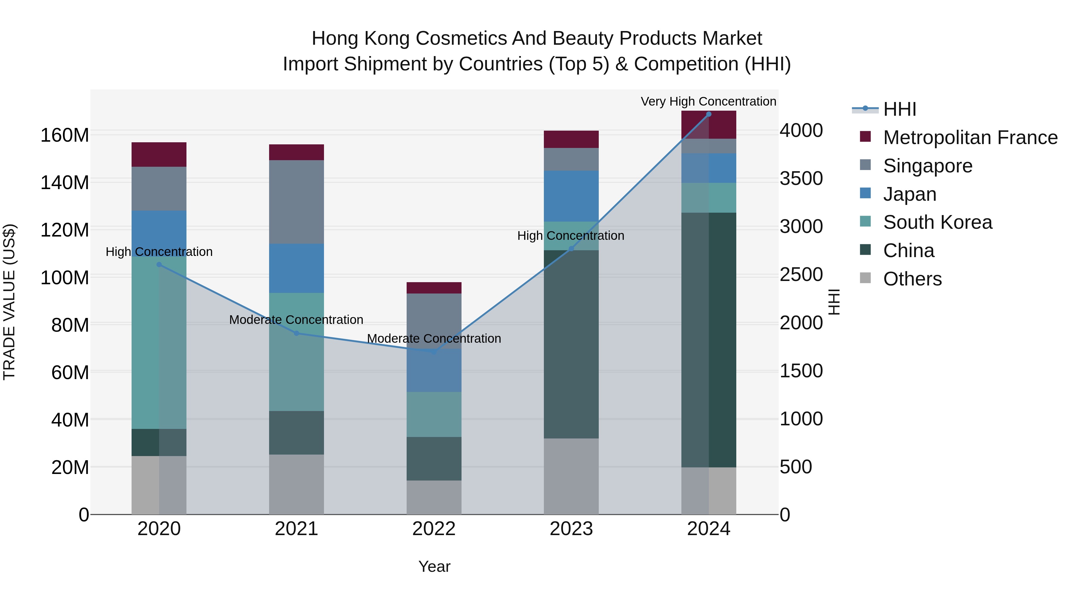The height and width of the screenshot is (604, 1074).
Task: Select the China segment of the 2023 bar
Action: pyautogui.click(x=571, y=344)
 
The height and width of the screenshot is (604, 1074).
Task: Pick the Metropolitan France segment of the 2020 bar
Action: pyautogui.click(x=159, y=154)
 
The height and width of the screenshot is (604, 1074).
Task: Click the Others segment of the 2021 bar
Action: pyautogui.click(x=297, y=484)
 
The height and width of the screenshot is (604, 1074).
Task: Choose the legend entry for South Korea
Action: pyautogui.click(x=937, y=222)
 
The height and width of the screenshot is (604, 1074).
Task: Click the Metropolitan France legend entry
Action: pyautogui.click(x=970, y=138)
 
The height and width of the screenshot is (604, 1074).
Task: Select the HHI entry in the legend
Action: pyautogui.click(x=899, y=109)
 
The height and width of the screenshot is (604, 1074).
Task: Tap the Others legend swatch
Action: pyautogui.click(x=865, y=278)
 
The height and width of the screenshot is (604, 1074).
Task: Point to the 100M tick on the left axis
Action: pyautogui.click(x=65, y=277)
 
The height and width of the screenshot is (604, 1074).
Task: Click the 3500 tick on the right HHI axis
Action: pyautogui.click(x=801, y=178)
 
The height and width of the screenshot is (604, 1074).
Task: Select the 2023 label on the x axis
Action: pyautogui.click(x=571, y=529)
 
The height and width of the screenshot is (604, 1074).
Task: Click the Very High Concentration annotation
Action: pyautogui.click(x=708, y=101)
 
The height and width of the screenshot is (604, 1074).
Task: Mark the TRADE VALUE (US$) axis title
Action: pyautogui.click(x=9, y=302)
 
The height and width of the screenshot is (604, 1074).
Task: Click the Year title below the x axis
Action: pyautogui.click(x=434, y=566)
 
